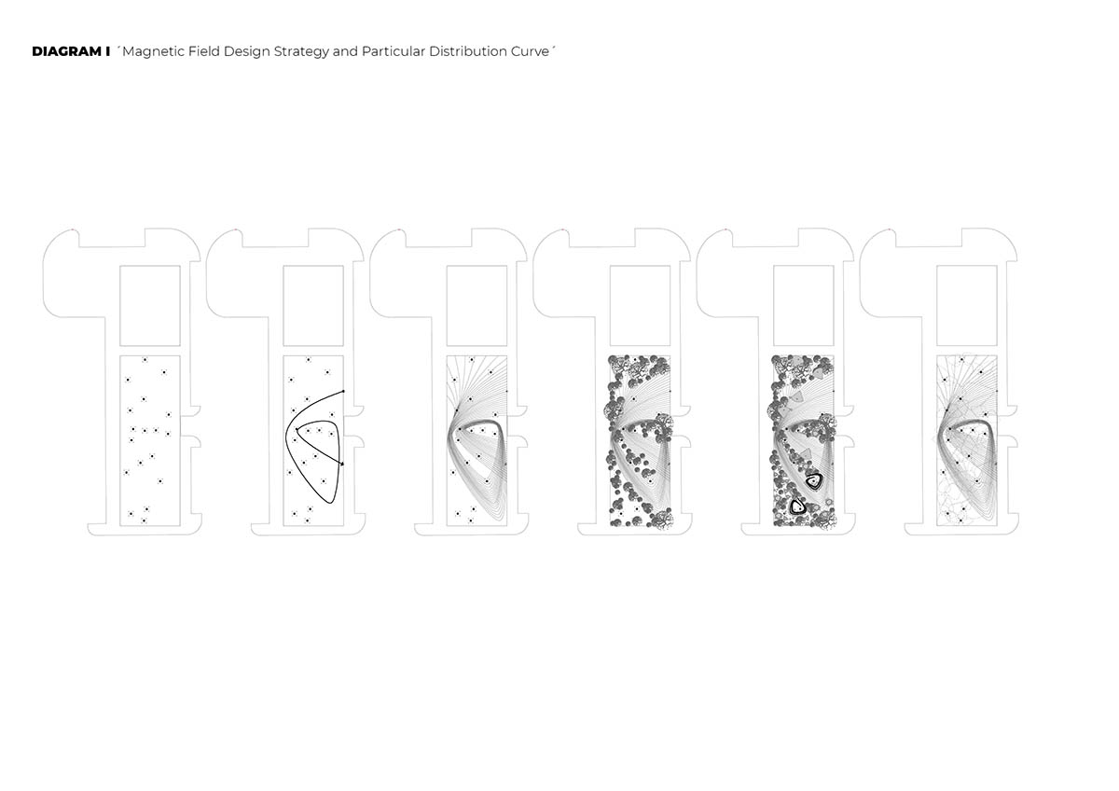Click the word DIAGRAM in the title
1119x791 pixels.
pyautogui.click(x=63, y=51)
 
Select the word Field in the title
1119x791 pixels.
pyautogui.click(x=204, y=51)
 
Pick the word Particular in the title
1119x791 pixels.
pyautogui.click(x=394, y=51)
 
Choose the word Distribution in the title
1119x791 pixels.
pyautogui.click(x=470, y=51)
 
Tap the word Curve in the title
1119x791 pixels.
pyautogui.click(x=532, y=51)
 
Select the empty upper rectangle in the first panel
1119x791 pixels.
pyautogui.click(x=150, y=305)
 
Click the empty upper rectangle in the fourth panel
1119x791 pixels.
pyautogui.click(x=640, y=305)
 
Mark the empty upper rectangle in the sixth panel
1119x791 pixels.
pyautogui.click(x=966, y=305)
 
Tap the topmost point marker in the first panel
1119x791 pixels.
pyautogui.click(x=145, y=360)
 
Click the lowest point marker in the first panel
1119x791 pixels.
pyautogui.click(x=145, y=520)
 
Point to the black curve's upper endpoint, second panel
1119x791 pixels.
pyautogui.click(x=344, y=391)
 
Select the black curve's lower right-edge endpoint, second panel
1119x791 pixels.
pyautogui.click(x=343, y=464)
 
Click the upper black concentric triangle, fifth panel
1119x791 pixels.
pyautogui.click(x=814, y=480)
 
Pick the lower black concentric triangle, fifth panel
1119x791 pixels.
pyautogui.click(x=797, y=507)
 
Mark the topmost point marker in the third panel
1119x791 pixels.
pyautogui.click(x=471, y=360)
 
